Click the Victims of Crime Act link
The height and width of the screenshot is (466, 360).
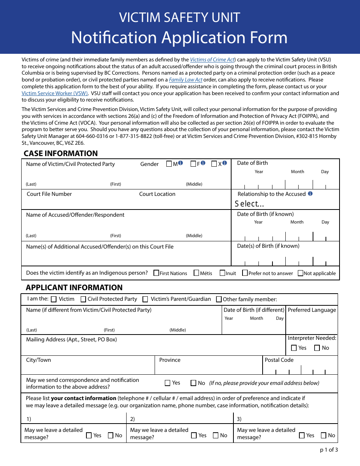tap(213, 59)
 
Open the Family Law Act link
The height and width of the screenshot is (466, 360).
tap(186, 80)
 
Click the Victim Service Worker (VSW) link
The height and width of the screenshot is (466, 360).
tap(55, 94)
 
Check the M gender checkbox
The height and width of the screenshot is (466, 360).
tap(169, 164)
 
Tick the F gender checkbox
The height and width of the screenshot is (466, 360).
tap(193, 164)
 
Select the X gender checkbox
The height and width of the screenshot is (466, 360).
tap(214, 164)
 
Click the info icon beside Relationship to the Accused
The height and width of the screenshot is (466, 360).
tap(310, 194)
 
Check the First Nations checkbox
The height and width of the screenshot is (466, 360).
tap(156, 273)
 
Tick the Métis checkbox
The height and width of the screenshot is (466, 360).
tap(196, 273)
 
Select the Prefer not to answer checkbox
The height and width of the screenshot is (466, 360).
tap(245, 273)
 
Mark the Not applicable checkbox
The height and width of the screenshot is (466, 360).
tap(301, 273)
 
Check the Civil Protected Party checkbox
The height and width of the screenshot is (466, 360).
tap(83, 299)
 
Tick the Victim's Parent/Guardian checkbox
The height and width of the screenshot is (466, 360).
tap(145, 299)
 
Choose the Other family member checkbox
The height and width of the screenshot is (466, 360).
tap(219, 299)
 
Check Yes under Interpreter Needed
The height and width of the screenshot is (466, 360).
tap(294, 348)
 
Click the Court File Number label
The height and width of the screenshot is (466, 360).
tap(49, 194)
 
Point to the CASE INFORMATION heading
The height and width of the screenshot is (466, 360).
tap(61, 153)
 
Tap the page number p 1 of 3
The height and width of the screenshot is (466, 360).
tap(329, 450)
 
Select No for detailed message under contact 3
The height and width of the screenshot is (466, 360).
tap(324, 436)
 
